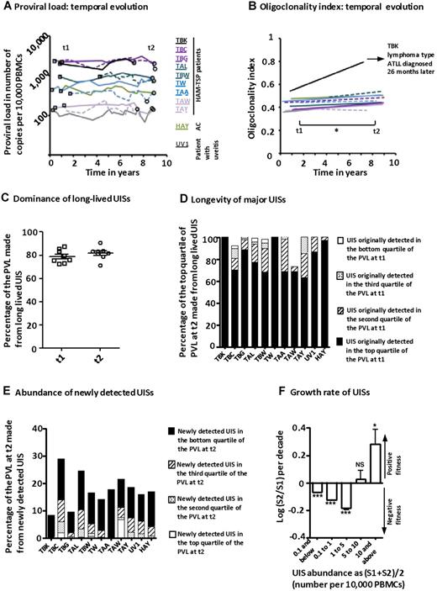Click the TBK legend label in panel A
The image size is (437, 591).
pyautogui.click(x=182, y=40)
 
